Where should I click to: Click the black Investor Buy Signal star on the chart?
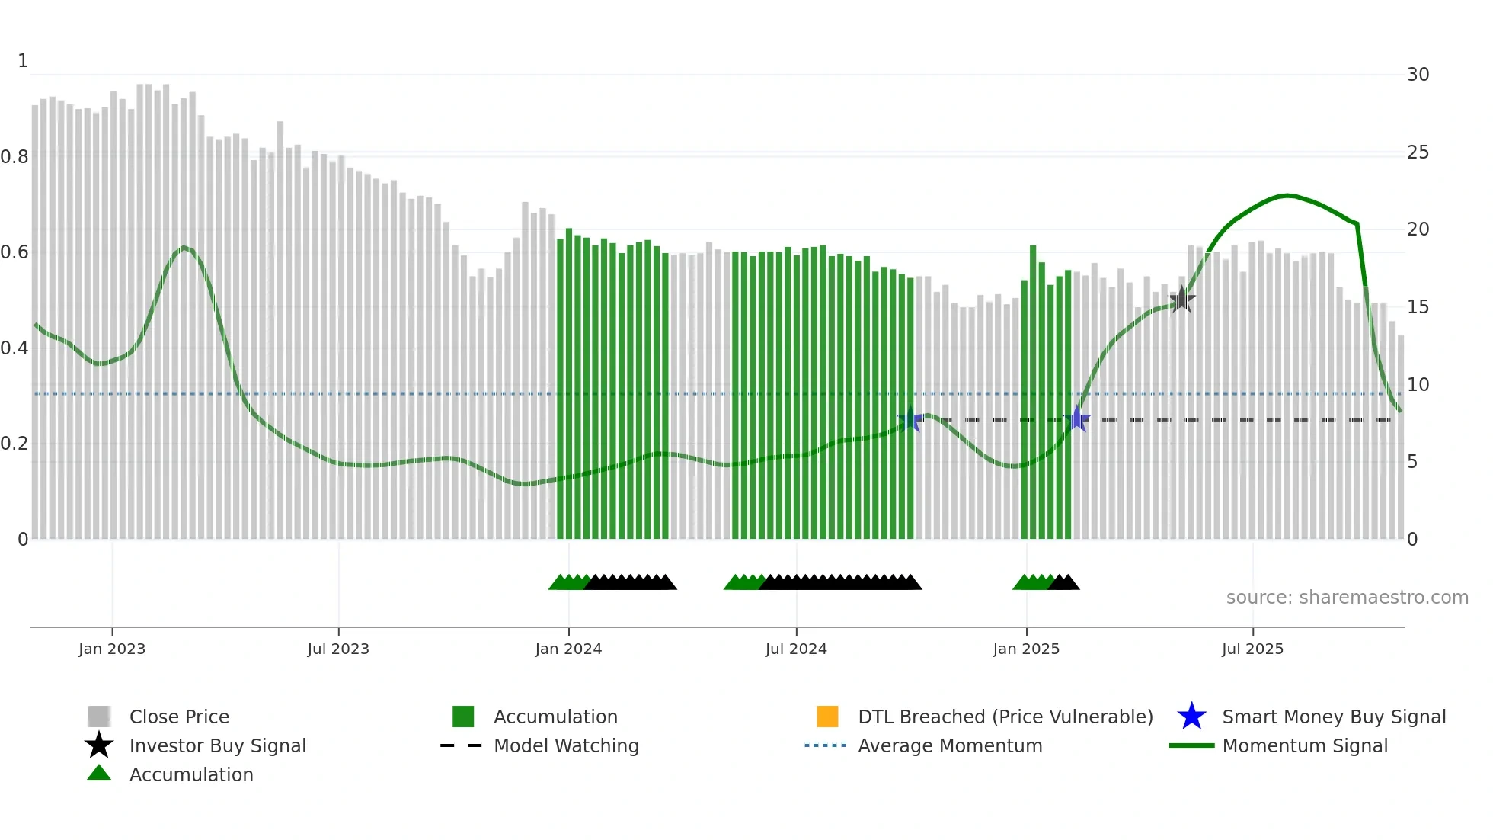pyautogui.click(x=1181, y=300)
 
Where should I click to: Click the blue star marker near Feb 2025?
pyautogui.click(x=1077, y=418)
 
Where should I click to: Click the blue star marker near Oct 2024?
pyautogui.click(x=910, y=419)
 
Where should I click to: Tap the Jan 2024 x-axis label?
pyautogui.click(x=568, y=649)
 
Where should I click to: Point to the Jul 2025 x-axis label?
pyautogui.click(x=1252, y=649)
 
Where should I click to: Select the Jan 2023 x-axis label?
pyautogui.click(x=112, y=649)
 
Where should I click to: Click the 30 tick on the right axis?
pyautogui.click(x=1418, y=75)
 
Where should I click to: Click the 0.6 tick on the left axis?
pyautogui.click(x=14, y=252)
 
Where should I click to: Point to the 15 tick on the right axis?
pyautogui.click(x=1418, y=307)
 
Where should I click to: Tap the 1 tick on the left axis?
pyautogui.click(x=23, y=61)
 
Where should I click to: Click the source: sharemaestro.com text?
pyautogui.click(x=1347, y=598)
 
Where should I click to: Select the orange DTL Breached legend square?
pyautogui.click(x=827, y=717)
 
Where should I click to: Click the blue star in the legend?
pyautogui.click(x=1191, y=717)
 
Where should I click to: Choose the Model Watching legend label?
pyautogui.click(x=566, y=745)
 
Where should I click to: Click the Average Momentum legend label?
pyautogui.click(x=950, y=745)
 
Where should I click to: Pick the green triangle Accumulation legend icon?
pyautogui.click(x=99, y=774)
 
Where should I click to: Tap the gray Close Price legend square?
pyautogui.click(x=99, y=717)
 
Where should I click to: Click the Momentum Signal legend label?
pyautogui.click(x=1305, y=745)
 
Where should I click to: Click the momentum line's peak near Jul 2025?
pyautogui.click(x=1287, y=196)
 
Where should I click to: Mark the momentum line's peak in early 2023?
pyautogui.click(x=184, y=247)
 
